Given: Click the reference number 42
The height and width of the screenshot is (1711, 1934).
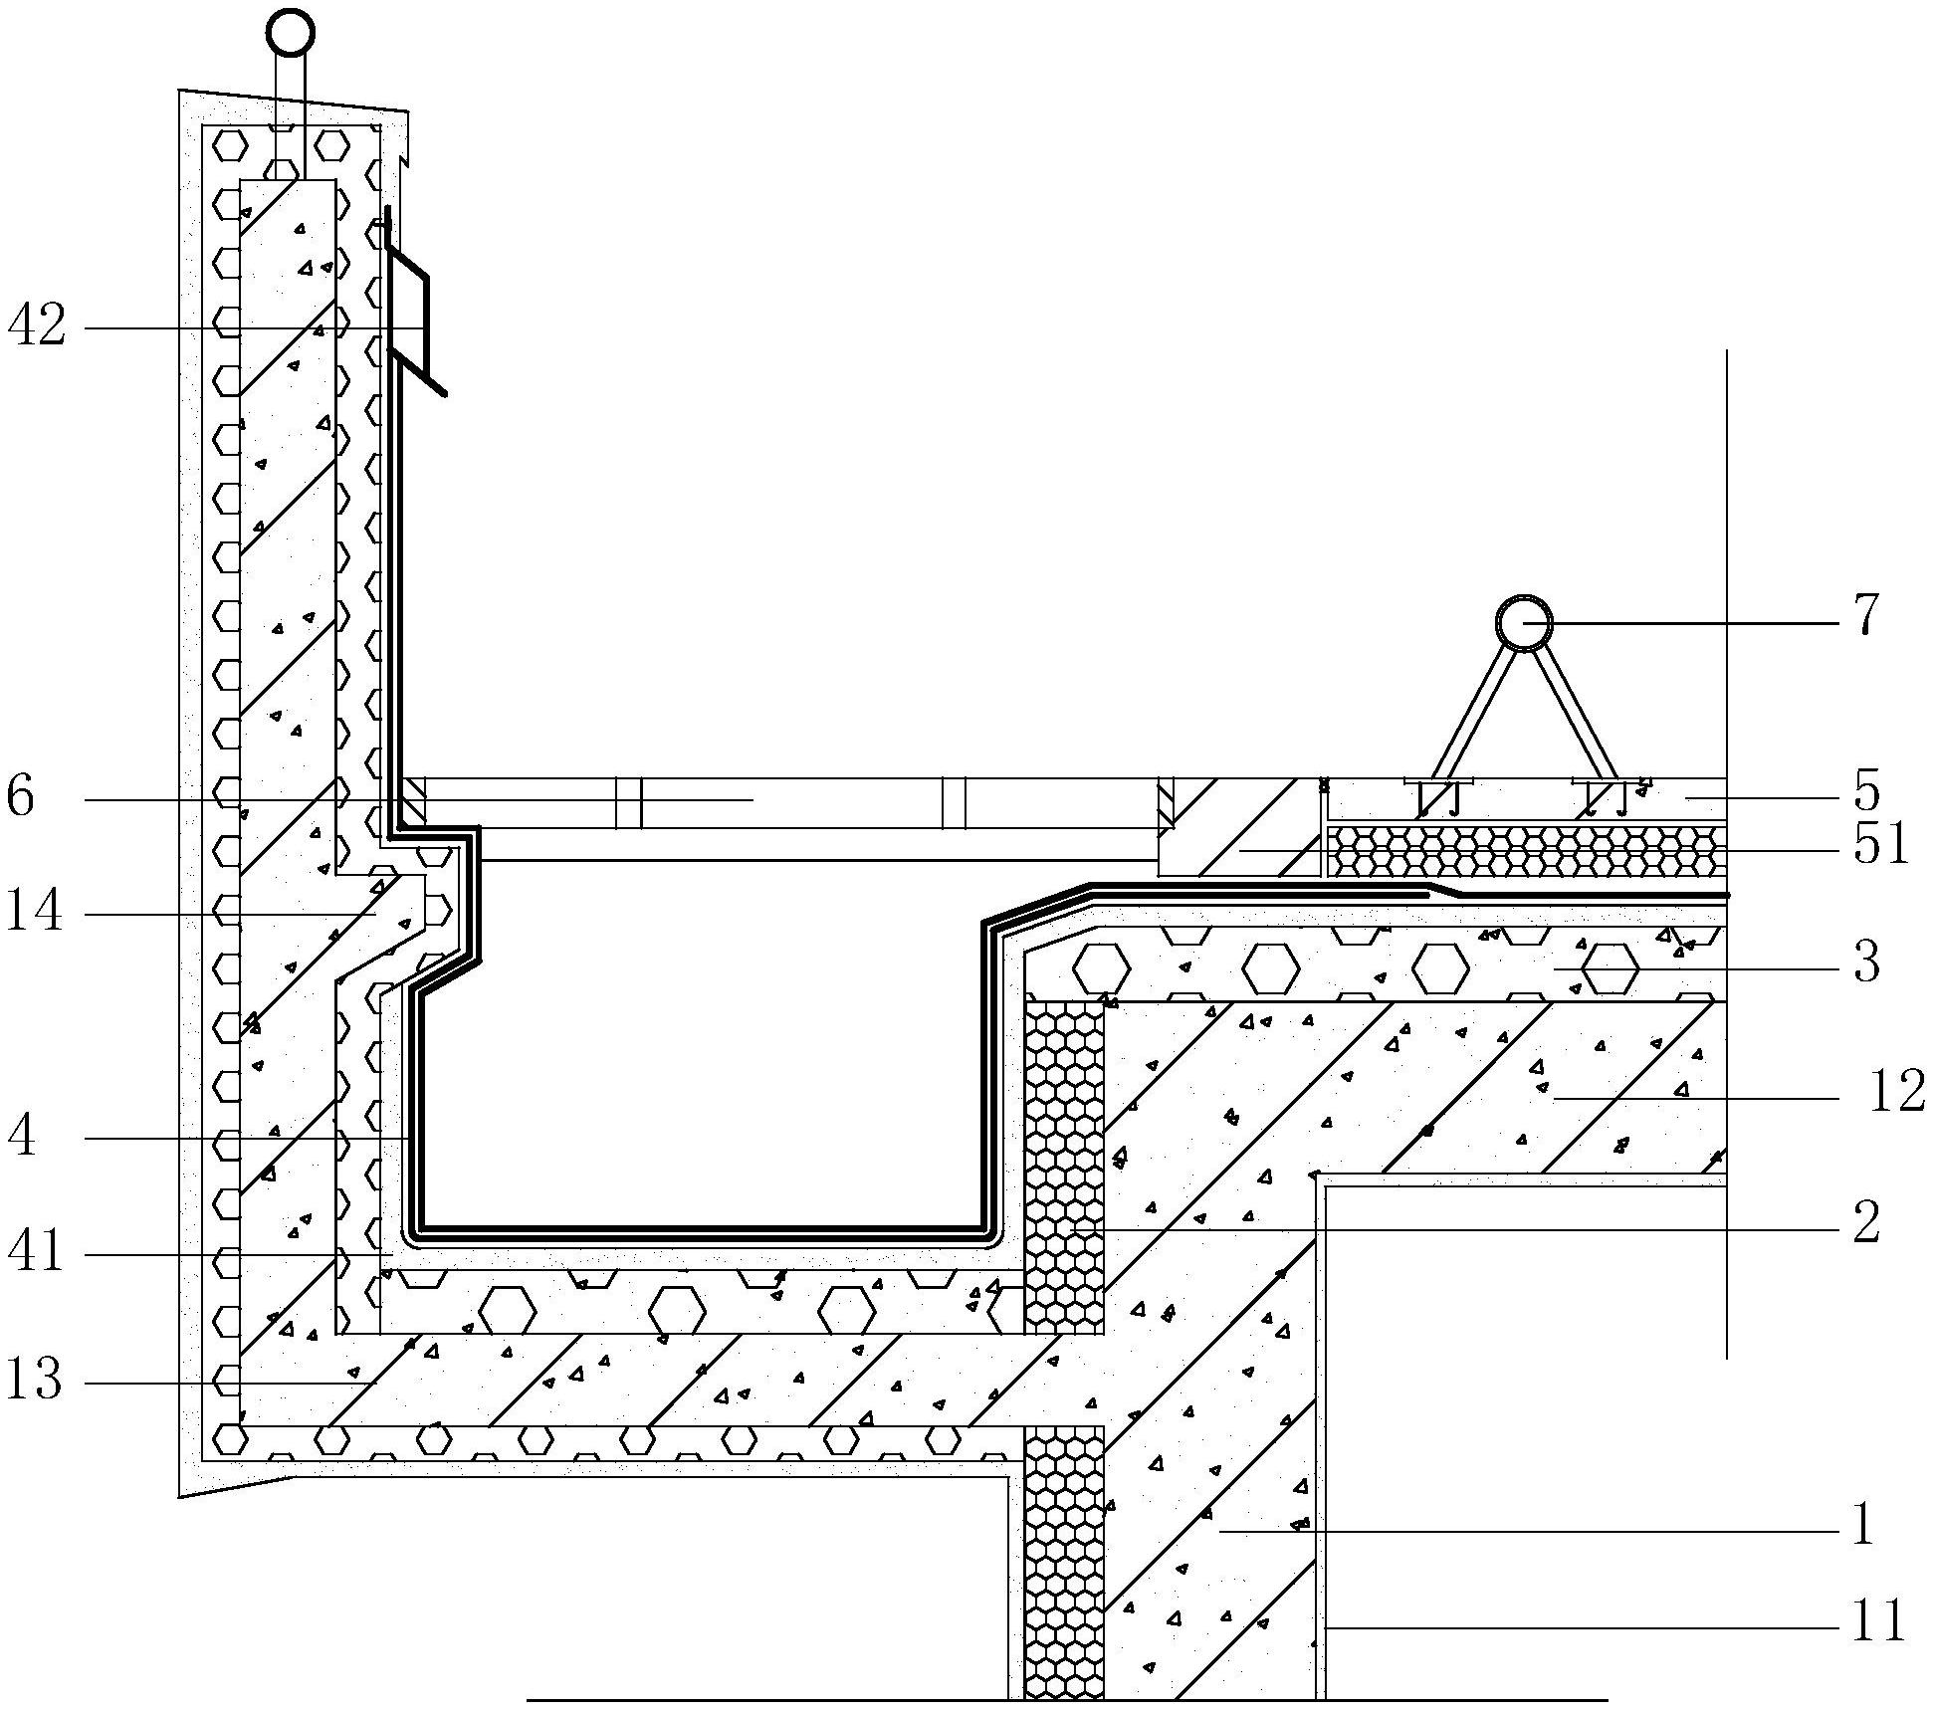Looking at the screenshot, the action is coord(37,325).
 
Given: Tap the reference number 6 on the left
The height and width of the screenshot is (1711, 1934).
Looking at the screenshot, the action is coord(21,798).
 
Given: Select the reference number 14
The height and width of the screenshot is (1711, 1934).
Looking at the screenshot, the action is coord(34,912).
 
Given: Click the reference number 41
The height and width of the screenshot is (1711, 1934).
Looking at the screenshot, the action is coord(35,1252).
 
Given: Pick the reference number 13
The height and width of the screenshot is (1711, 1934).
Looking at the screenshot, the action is coord(34,1381).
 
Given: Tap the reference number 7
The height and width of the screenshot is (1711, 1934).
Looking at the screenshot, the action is coord(1864,615).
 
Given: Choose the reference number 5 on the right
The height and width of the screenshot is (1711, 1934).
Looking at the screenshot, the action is coord(1865,792).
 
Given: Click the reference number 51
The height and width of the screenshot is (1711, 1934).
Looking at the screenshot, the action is coord(1880,845).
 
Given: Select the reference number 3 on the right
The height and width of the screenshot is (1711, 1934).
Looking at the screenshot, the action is coord(1866,962).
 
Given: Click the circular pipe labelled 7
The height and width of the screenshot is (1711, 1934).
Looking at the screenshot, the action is coord(1524,623).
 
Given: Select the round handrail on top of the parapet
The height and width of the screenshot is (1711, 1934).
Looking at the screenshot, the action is coord(290,32).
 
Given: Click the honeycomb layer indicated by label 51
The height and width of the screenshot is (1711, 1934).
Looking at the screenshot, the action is coord(1526,849).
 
